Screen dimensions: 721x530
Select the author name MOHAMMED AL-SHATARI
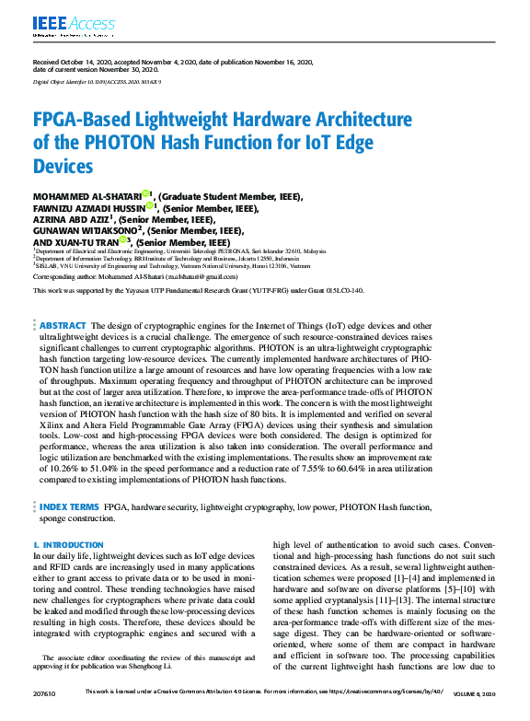click(86, 196)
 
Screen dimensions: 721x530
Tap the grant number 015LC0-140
click(342, 290)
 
